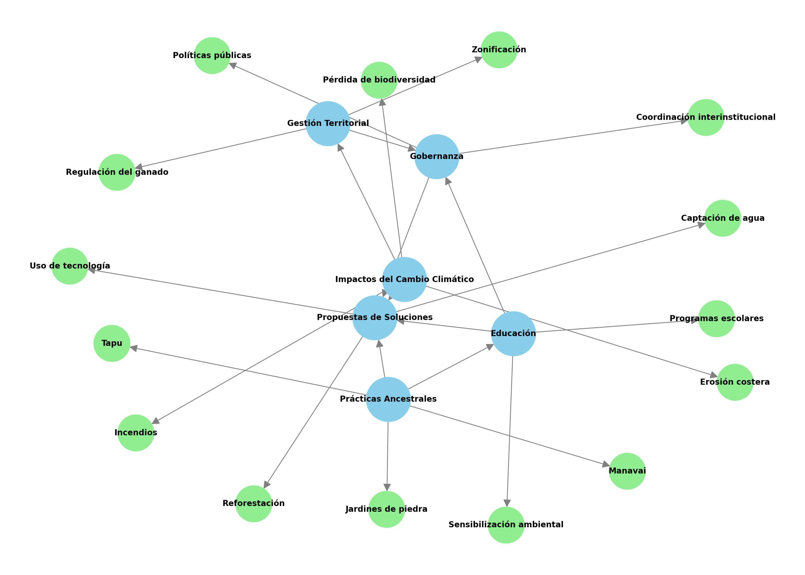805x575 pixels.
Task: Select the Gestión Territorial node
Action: [x=328, y=124]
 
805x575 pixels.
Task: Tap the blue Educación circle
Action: [x=513, y=333]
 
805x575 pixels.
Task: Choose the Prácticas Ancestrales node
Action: [x=388, y=399]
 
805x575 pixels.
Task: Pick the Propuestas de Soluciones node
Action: [x=375, y=318]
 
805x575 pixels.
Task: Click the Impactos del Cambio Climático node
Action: [x=404, y=279]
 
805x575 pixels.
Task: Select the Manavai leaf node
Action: [x=627, y=471]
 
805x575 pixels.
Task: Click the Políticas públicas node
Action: [x=212, y=55]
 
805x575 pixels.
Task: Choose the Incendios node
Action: [x=136, y=433]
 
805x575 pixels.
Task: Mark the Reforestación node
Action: [x=254, y=503]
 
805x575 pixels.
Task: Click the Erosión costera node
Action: [x=735, y=382]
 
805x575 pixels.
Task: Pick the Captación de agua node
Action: [x=722, y=218]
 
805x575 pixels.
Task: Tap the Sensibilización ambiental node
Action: [x=506, y=525]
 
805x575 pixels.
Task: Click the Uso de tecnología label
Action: [x=70, y=266]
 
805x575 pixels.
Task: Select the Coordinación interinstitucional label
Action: [x=706, y=117]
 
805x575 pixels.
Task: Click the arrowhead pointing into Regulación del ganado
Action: [x=139, y=167]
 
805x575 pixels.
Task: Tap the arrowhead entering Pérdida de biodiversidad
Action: [x=382, y=102]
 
